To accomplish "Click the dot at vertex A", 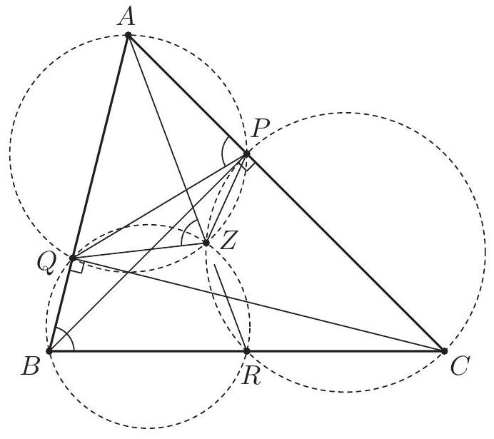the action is (x=128, y=35).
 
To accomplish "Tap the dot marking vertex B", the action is (x=49, y=350).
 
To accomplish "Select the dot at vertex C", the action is (x=444, y=350).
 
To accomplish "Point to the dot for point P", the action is (x=246, y=153).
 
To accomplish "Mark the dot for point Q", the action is (x=73, y=258).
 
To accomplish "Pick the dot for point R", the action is (x=247, y=350).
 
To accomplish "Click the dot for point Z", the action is (x=206, y=243).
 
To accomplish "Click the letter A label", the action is (x=126, y=16).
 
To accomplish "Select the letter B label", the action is (x=30, y=366).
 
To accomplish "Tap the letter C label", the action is (x=460, y=366).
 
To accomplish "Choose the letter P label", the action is (x=261, y=128).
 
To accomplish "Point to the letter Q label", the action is (x=47, y=264).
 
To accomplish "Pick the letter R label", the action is (x=252, y=376).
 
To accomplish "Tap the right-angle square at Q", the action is (x=76, y=267).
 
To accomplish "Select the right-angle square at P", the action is (x=246, y=163).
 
